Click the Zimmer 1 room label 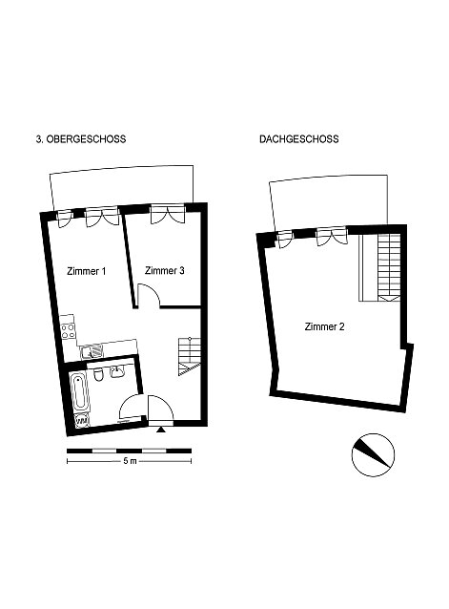(86, 271)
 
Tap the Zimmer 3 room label (164, 271)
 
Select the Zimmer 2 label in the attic (324, 326)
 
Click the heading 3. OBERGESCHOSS (81, 139)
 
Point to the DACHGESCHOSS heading (299, 139)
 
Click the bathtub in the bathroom (80, 392)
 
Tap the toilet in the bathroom (98, 374)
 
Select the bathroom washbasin (116, 371)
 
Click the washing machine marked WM (82, 421)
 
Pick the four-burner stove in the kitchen (69, 330)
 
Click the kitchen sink (92, 351)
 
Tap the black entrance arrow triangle (160, 430)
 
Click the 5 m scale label (130, 461)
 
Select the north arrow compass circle (373, 454)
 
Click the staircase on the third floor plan (190, 357)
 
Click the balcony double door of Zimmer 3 (168, 215)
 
